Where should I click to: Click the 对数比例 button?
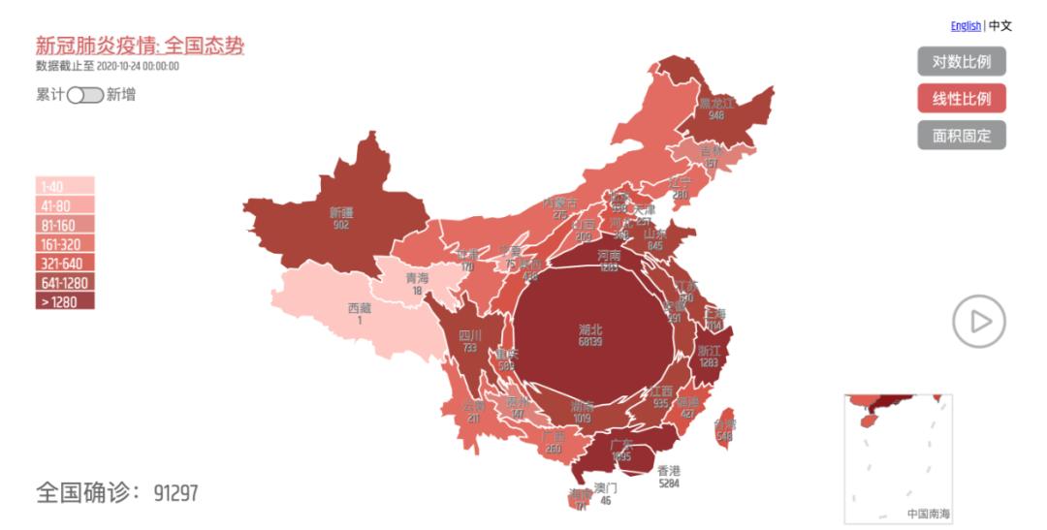tap(961, 62)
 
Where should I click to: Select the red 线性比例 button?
tap(961, 99)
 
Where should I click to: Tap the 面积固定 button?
tap(961, 136)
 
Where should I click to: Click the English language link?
tap(966, 26)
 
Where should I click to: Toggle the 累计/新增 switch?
tap(84, 95)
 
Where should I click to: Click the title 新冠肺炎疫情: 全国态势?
tap(140, 46)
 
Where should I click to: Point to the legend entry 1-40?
tap(65, 187)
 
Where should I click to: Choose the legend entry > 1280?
tap(65, 301)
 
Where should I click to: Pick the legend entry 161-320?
tap(65, 244)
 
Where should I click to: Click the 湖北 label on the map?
tap(589, 329)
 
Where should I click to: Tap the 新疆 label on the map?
tap(341, 212)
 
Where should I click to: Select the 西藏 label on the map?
tap(359, 308)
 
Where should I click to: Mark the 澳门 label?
tap(605, 488)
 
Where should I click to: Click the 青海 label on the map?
tap(417, 278)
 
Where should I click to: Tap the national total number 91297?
tap(175, 493)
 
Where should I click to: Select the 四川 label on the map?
tap(469, 335)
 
